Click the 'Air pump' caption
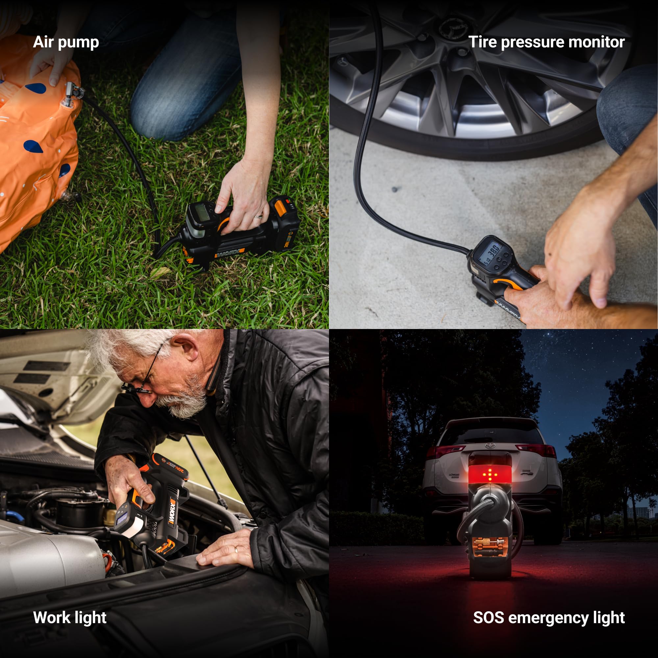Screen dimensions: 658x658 66,42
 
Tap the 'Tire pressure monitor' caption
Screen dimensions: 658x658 546,42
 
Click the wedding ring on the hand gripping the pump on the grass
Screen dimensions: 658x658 259,216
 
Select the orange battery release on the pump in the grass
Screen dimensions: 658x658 280,207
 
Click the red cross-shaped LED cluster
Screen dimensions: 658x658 490,474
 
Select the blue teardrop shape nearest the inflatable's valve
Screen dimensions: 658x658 36,88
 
